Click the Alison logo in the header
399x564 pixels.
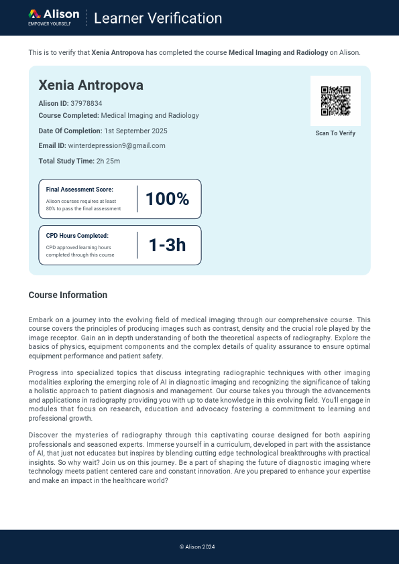[x=54, y=17]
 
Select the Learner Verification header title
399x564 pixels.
[x=158, y=18]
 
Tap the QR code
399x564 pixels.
[x=335, y=100]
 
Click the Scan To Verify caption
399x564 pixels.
[x=335, y=133]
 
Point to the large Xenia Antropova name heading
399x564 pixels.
[x=91, y=85]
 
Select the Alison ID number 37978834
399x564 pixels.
[x=87, y=103]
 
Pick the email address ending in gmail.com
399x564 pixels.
[x=117, y=145]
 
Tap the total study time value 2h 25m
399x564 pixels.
[x=107, y=161]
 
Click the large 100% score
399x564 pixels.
[x=167, y=199]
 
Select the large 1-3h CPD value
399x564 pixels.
[x=167, y=245]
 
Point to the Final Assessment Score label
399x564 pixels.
[x=79, y=190]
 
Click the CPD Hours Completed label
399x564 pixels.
[x=77, y=236]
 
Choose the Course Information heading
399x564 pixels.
[x=68, y=295]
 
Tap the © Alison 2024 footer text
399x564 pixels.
[x=197, y=547]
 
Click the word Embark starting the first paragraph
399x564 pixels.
[x=40, y=320]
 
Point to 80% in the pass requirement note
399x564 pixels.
[x=52, y=208]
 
